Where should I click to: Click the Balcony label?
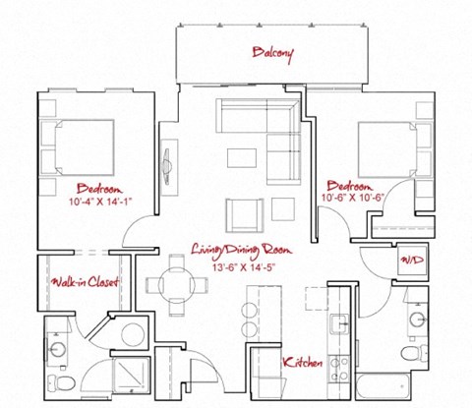tap(271, 51)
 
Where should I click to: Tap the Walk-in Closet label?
tap(86, 283)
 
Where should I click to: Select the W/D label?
tap(409, 262)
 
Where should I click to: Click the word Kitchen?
tap(303, 363)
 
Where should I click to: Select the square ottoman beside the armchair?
tap(283, 208)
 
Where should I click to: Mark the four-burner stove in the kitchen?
tap(340, 368)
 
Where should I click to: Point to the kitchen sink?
tap(340, 324)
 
